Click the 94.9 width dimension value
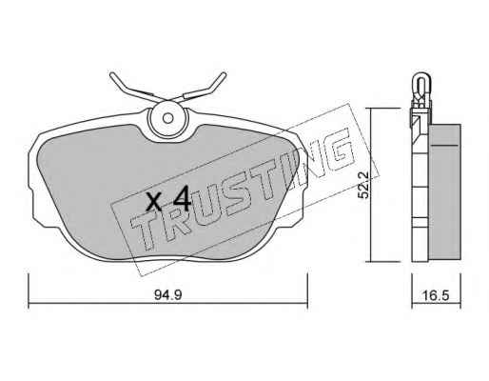(167, 295)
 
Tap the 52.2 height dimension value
(363, 185)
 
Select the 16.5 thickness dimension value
(436, 295)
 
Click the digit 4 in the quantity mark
(181, 199)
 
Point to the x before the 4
(154, 203)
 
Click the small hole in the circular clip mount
(167, 118)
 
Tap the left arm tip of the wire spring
(112, 74)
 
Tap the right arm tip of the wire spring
(224, 74)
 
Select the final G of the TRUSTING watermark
(338, 151)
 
